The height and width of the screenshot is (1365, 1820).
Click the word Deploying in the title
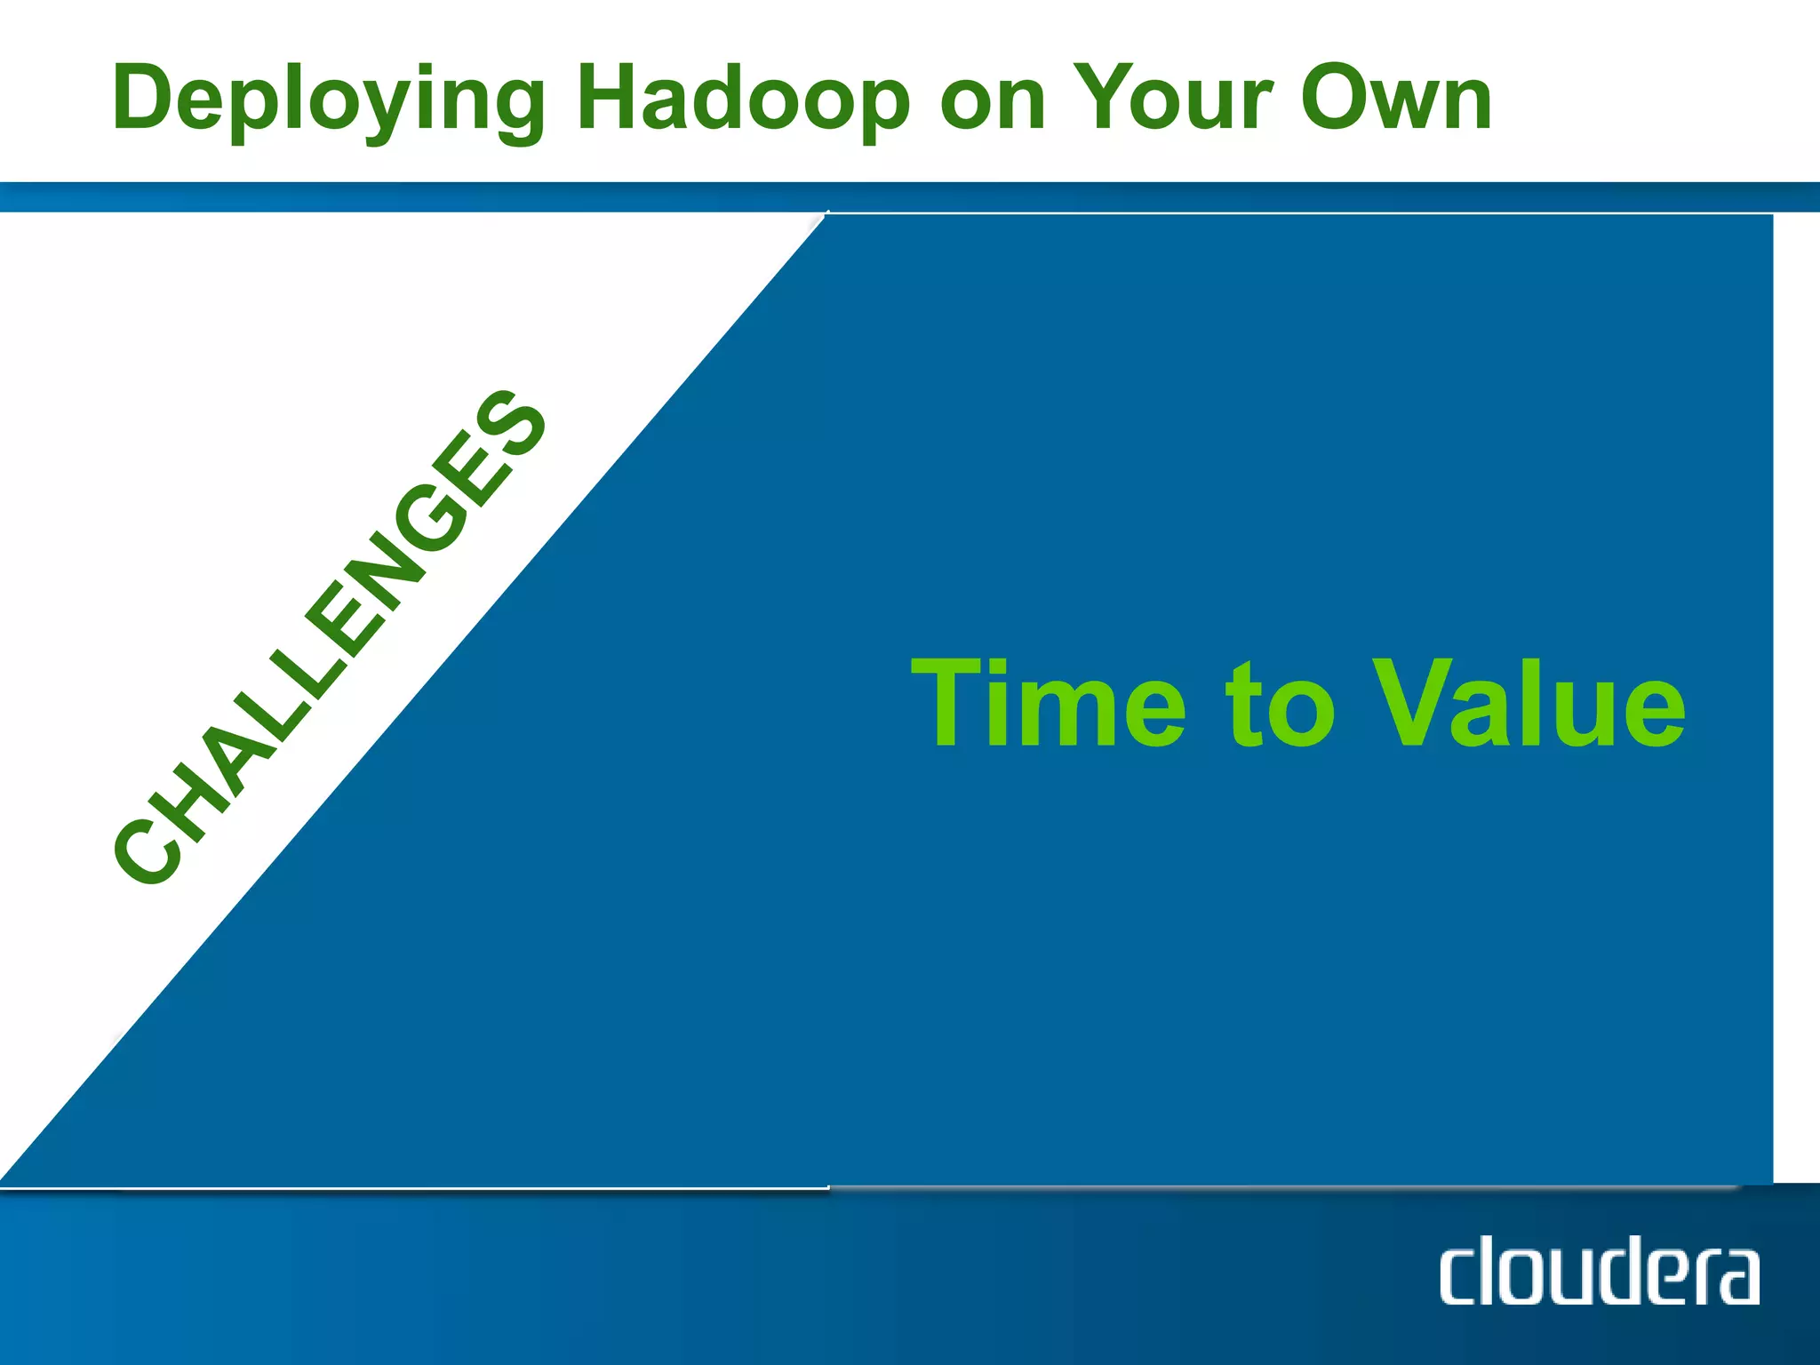click(x=329, y=100)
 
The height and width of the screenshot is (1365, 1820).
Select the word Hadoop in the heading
click(x=742, y=100)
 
